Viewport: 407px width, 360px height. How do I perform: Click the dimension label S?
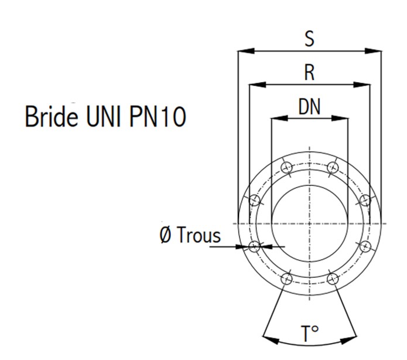(x=309, y=39)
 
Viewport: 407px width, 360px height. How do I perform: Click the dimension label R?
(x=310, y=73)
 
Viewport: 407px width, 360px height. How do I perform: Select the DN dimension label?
(x=309, y=106)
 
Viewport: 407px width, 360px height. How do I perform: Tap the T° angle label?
(x=310, y=335)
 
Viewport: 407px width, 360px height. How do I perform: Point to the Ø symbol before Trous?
(x=166, y=236)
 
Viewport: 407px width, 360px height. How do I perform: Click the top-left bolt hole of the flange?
(x=286, y=168)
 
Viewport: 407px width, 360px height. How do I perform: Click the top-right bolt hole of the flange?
(x=332, y=168)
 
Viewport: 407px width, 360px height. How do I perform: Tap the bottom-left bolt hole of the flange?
(x=286, y=279)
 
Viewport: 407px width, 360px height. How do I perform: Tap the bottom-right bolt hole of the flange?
(x=332, y=279)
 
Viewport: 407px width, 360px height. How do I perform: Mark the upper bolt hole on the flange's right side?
(x=364, y=201)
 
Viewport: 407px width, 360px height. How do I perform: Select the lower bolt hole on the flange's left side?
(x=254, y=246)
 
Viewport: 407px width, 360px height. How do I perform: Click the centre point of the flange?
(x=309, y=223)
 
